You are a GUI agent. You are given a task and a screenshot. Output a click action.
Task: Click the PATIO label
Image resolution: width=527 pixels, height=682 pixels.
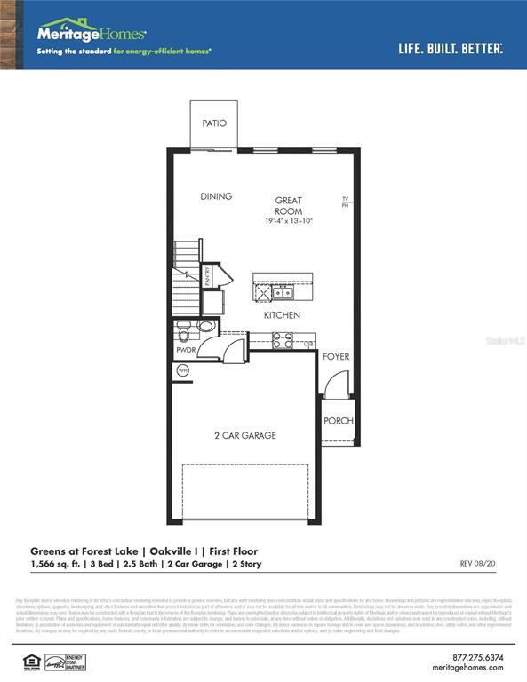214,123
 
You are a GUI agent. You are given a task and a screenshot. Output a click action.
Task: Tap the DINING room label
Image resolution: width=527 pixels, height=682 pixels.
216,196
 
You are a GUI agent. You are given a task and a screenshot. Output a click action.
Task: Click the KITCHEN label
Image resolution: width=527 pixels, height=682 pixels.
282,315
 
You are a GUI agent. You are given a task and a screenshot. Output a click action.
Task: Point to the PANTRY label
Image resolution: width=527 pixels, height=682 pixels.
208,276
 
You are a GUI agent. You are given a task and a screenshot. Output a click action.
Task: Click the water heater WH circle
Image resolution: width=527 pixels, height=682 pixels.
183,370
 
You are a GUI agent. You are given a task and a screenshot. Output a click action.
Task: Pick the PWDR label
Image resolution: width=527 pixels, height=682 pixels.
186,351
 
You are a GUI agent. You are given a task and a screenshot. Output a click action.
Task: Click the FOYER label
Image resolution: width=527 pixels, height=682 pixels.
336,357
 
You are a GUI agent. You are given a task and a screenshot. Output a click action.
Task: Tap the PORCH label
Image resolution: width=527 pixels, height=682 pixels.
338,421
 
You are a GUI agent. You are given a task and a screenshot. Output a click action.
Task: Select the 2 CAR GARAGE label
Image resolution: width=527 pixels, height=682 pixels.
244,435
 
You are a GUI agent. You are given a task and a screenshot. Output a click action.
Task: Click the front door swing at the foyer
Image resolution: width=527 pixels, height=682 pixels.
335,386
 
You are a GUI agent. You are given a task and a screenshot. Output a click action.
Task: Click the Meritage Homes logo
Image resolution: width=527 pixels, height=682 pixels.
91,33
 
